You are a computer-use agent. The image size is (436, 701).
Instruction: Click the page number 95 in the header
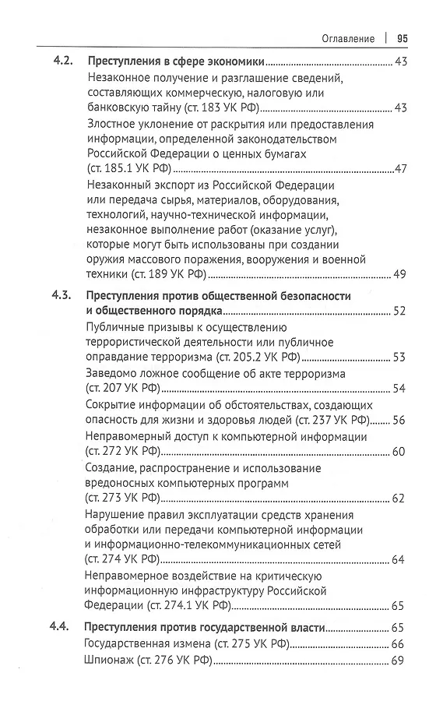(403, 38)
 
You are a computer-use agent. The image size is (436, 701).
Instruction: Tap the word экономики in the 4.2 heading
(233, 62)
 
